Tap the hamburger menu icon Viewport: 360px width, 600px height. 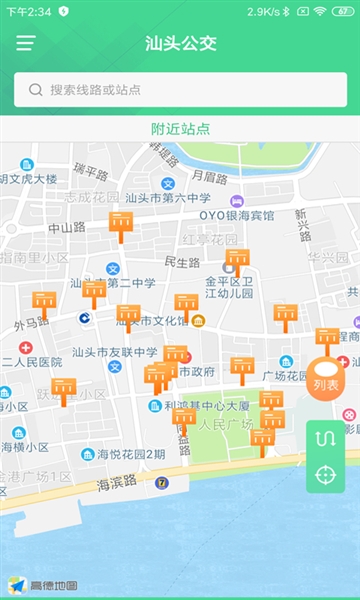(x=25, y=43)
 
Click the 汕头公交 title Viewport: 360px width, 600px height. (x=180, y=43)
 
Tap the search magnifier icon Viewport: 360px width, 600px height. (x=36, y=89)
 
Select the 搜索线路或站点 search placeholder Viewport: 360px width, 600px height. (x=95, y=89)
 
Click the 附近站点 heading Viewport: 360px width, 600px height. (x=180, y=128)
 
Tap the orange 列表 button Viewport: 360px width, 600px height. (x=326, y=381)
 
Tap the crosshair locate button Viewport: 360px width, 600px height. (x=326, y=474)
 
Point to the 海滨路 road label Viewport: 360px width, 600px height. (x=119, y=485)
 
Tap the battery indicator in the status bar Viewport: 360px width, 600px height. (x=343, y=11)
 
